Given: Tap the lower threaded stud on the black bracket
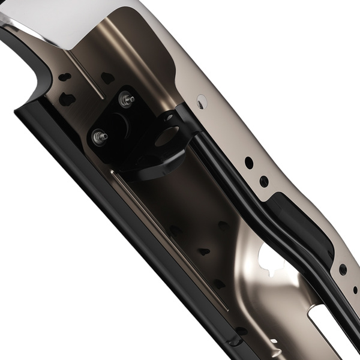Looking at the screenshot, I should click(98, 137).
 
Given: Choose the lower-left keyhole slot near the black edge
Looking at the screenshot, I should click(67, 100).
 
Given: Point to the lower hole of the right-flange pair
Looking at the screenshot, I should click(263, 181).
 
